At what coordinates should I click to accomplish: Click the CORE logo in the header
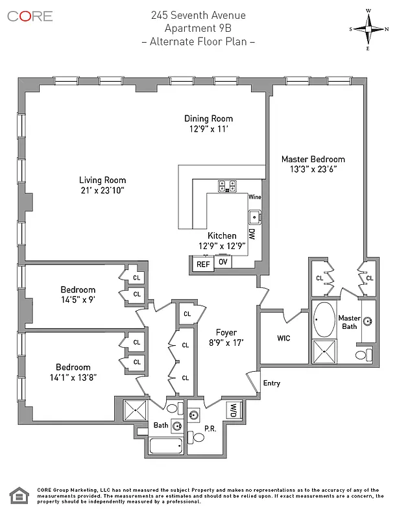pos(30,16)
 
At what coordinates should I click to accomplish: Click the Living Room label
pos(102,180)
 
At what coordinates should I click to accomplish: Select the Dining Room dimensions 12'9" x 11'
pos(208,129)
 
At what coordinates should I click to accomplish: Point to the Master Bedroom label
pos(313,159)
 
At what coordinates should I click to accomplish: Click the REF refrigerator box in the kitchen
pos(203,264)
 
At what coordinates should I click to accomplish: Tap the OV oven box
pos(223,262)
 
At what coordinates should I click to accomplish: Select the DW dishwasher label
pos(252,234)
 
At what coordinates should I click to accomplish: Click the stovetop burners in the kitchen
pos(226,186)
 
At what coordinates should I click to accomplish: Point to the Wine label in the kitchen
pos(254,197)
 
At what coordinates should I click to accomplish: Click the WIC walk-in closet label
pos(283,338)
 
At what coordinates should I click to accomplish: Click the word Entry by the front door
pos(271,383)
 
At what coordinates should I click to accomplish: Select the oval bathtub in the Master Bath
pos(322,319)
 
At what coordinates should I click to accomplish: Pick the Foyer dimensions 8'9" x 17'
pos(226,343)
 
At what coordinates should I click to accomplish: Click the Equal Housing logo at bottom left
pos(18,497)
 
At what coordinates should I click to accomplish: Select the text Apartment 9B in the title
pos(198,28)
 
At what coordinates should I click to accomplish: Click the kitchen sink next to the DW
pos(254,215)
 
